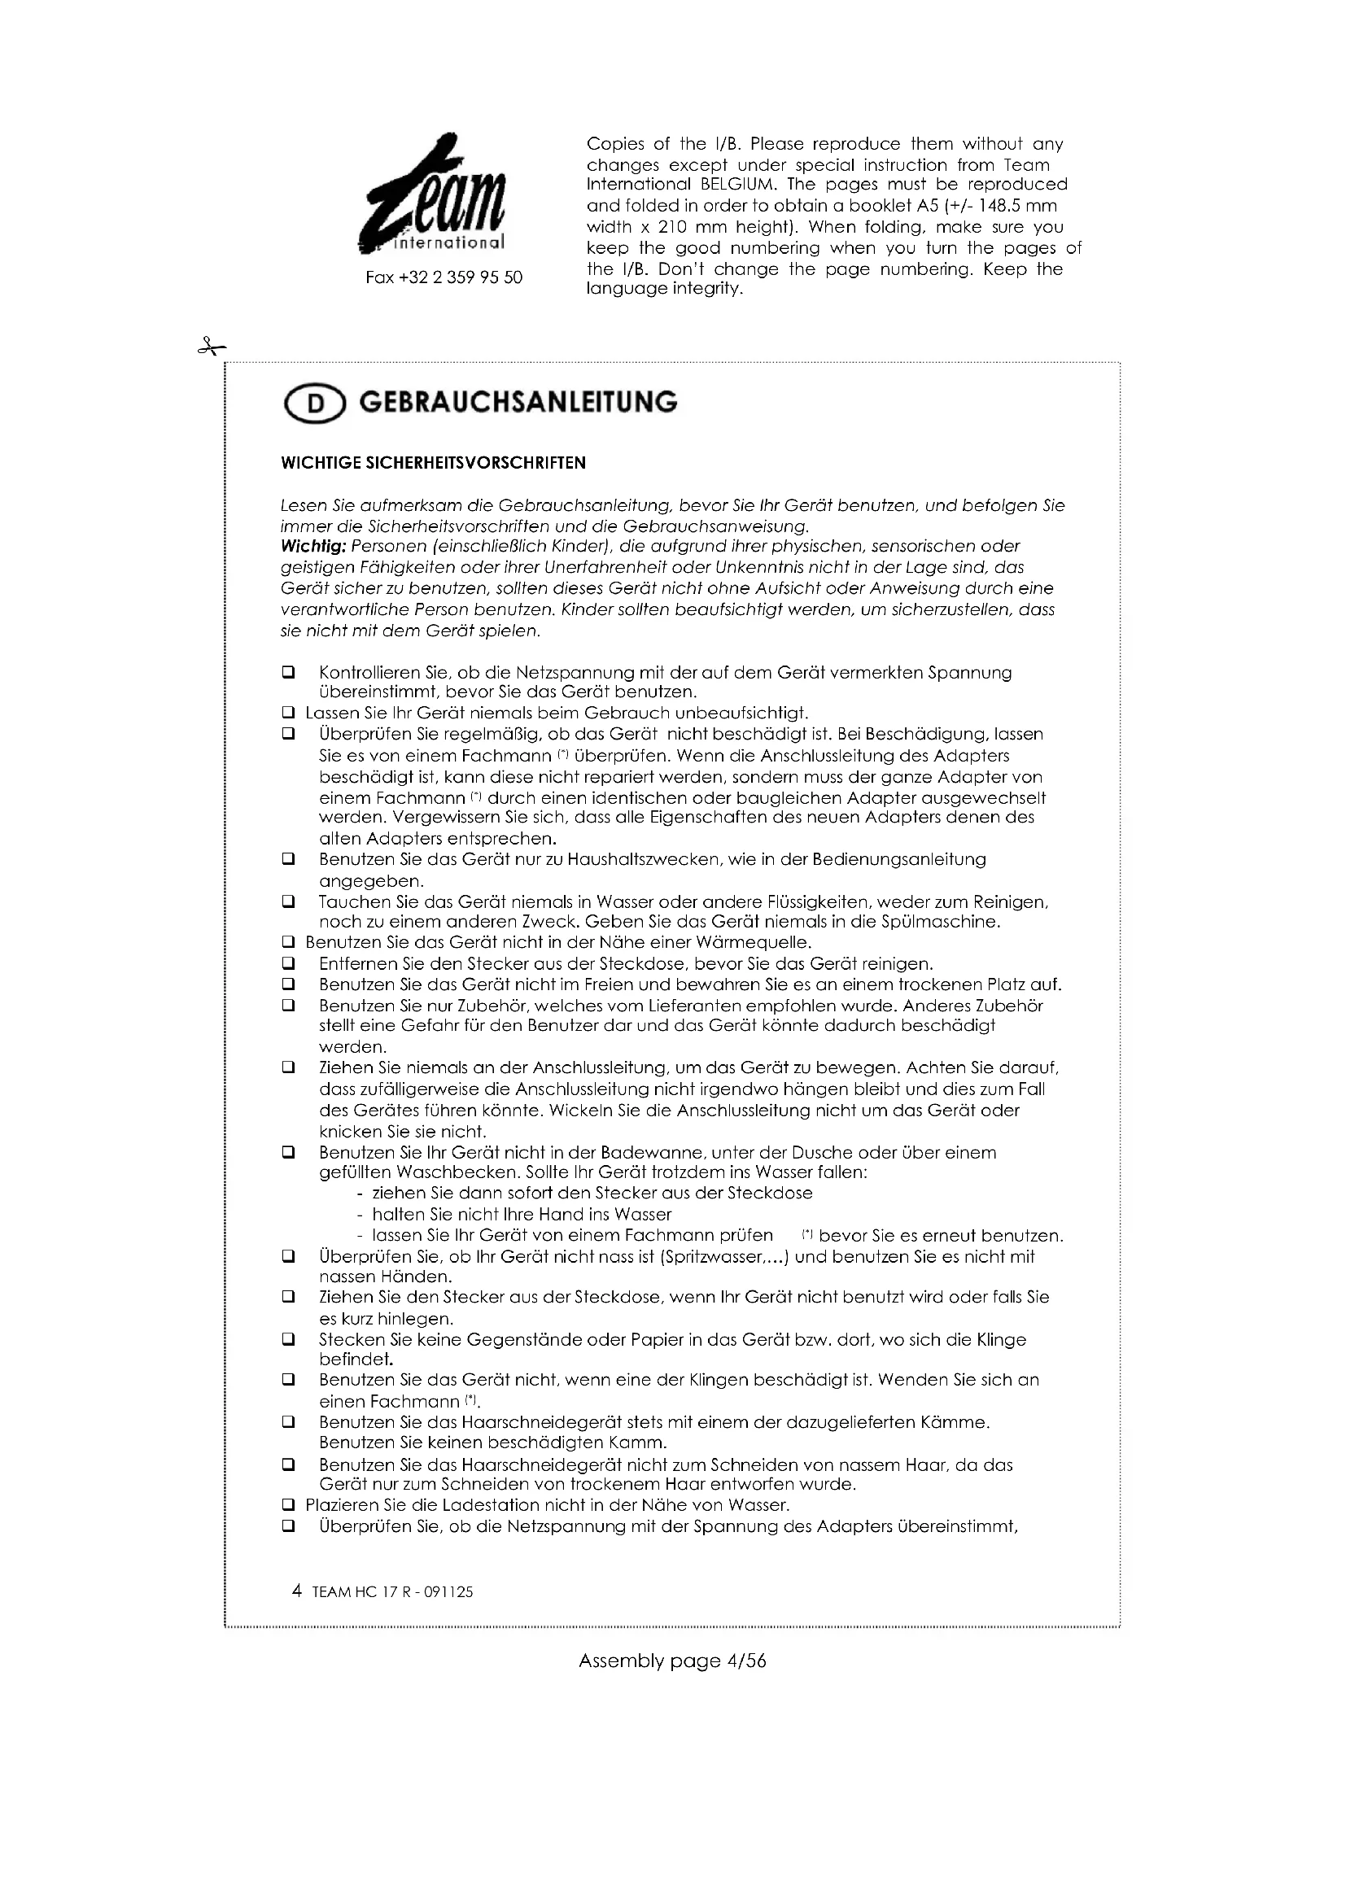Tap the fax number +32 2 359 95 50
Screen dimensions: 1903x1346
(x=444, y=277)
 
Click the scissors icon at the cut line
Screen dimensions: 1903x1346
(x=211, y=347)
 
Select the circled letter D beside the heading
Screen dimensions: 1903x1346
(x=315, y=404)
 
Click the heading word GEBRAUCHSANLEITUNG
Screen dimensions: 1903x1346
(x=518, y=402)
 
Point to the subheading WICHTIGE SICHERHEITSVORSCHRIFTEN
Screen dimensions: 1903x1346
(x=434, y=463)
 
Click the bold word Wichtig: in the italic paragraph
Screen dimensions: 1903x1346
(x=313, y=546)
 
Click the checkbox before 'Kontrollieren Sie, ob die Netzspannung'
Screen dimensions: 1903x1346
(x=288, y=672)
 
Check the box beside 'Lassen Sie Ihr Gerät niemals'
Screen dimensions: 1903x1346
(x=288, y=713)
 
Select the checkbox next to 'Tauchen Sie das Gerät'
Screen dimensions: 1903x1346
(x=288, y=901)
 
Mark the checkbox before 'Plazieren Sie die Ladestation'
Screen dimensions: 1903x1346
(x=288, y=1505)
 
